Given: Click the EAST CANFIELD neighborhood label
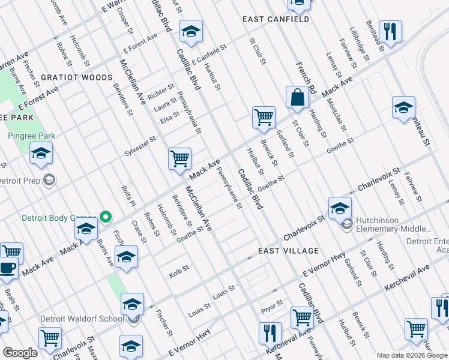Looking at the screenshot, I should [x=276, y=19].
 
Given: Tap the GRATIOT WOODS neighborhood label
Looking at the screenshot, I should [x=76, y=77].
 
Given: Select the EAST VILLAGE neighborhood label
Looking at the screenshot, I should [x=288, y=250].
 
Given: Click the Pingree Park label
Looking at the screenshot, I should [x=31, y=136].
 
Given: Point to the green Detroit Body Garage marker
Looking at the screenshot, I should [x=106, y=217].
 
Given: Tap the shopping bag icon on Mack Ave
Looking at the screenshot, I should [x=297, y=97].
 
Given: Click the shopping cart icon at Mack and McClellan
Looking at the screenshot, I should [x=179, y=159].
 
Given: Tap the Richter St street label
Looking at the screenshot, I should [x=161, y=92].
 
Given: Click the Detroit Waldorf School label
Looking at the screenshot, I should [x=82, y=319].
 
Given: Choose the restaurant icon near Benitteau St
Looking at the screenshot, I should [x=391, y=31].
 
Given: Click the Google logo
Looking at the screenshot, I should [x=20, y=353].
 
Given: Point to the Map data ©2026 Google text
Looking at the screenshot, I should [x=411, y=355].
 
